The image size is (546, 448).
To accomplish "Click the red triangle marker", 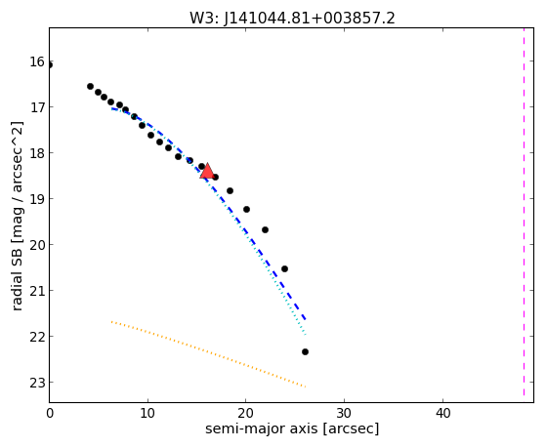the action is tap(207, 171).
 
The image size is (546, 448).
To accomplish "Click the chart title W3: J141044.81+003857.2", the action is tap(292, 18).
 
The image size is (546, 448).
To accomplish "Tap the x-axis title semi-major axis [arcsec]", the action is tap(292, 428).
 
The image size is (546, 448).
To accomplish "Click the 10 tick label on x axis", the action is tap(147, 413).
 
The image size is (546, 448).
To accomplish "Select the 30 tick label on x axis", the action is tap(345, 413).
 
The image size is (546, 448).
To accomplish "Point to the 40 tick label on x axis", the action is tap(442, 413).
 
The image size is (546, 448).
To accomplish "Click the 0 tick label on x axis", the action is tap(50, 413).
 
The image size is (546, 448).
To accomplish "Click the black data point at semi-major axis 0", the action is tap(50, 65).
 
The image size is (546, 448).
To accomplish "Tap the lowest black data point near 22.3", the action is tap(305, 352).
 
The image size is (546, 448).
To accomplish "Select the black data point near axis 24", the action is tap(284, 268).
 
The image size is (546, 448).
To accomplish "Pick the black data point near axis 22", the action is tap(265, 229).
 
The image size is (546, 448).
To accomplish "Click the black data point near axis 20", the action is tap(246, 209).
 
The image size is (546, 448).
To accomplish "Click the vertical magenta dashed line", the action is tap(524, 212).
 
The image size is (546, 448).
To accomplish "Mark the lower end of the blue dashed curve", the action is tap(306, 319).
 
